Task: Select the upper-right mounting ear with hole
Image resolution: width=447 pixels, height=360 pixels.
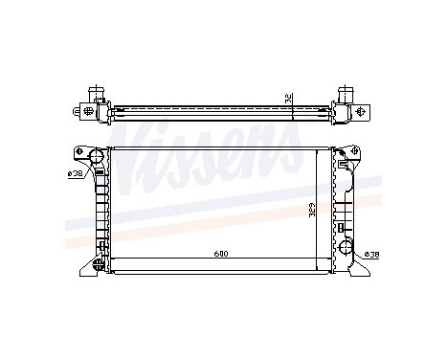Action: [x=356, y=152]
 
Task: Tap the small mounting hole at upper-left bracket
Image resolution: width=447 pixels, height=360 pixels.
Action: [x=78, y=153]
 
